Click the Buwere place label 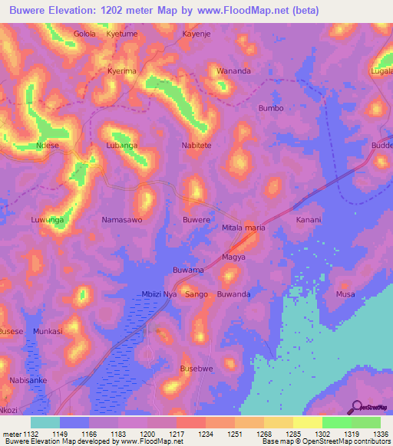coord(196,220)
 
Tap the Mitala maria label coord(243,228)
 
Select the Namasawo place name coord(122,220)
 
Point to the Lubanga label coord(121,145)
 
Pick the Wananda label coord(233,71)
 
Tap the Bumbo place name coord(271,108)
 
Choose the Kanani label coord(309,220)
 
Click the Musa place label coord(345,294)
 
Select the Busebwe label coord(196,369)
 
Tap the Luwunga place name coord(47,220)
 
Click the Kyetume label coord(121,34)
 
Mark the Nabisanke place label coord(28,380)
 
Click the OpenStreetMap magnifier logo coord(357,407)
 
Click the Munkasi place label coord(48,331)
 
